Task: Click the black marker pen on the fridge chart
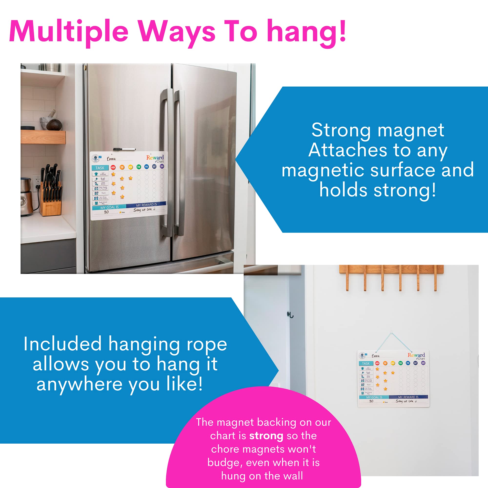[x=124, y=150]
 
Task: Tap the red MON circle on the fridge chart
[x=113, y=167]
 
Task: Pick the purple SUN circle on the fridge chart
[x=162, y=166]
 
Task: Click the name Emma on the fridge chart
[x=112, y=159]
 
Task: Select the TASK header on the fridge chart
[x=100, y=168]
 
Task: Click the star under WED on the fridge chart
[x=131, y=178]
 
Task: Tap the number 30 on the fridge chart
[x=106, y=212]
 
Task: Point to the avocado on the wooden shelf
[x=54, y=125]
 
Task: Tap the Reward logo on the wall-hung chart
[x=416, y=355]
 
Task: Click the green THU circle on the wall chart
[x=400, y=363]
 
